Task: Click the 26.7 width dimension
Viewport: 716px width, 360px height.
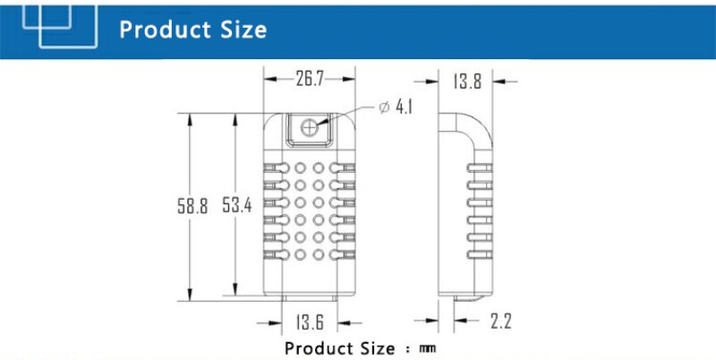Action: tap(309, 79)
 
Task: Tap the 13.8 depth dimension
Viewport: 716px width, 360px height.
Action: tap(466, 81)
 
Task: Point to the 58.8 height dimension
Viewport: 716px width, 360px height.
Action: tap(192, 205)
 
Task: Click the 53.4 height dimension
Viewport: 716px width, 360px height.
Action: tap(237, 205)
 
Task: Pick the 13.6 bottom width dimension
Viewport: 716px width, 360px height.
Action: tap(310, 322)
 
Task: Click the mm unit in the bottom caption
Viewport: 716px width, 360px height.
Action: tap(427, 347)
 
